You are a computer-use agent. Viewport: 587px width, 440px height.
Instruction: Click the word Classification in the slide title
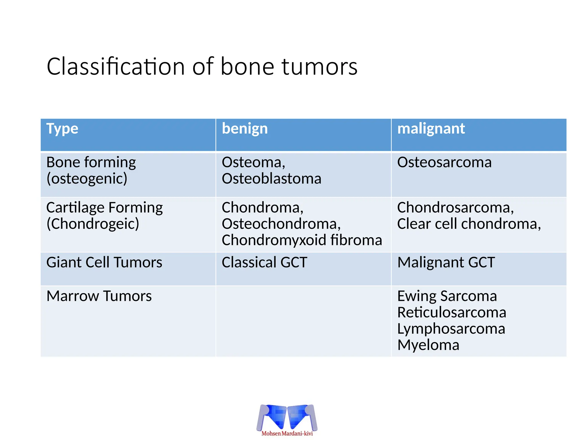pos(116,66)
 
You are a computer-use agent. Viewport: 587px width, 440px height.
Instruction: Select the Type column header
pos(62,129)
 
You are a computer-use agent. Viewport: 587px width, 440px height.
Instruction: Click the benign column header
pos(244,129)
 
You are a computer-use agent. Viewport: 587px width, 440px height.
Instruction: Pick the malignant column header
pos(431,129)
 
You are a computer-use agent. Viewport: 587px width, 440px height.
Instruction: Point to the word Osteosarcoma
pos(444,162)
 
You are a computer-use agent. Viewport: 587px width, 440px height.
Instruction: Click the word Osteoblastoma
pos(271,179)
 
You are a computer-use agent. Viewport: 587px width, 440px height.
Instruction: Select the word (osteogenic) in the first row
pos(87,179)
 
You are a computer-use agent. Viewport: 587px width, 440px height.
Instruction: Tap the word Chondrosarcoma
pos(455,207)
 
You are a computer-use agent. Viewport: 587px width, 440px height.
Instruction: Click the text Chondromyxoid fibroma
pos(302,240)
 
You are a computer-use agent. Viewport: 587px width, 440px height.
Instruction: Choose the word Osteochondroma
pos(281,224)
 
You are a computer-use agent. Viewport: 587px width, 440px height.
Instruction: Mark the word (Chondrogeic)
pos(93,224)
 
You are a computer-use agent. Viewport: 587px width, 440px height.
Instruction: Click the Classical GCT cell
pos(264,262)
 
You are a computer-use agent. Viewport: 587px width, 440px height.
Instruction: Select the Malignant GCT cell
pos(446,262)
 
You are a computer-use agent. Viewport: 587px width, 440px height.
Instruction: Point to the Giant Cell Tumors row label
pos(104,262)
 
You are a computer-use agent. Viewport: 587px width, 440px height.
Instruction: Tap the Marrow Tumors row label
pos(99,296)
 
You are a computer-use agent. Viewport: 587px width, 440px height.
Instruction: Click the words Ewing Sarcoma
pos(447,296)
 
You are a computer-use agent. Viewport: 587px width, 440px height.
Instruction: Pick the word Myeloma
pos(428,345)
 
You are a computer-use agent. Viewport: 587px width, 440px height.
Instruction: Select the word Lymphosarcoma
pos(451,329)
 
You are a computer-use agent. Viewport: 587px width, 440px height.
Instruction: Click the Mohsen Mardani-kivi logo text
pos(287,433)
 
